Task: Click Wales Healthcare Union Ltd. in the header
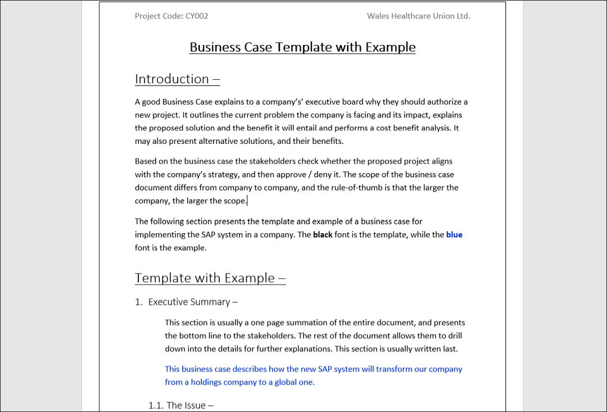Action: click(418, 16)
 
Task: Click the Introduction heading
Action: click(172, 79)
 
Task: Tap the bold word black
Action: click(323, 234)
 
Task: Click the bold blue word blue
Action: click(454, 234)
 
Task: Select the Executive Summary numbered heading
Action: click(189, 302)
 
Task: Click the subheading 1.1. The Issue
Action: click(181, 405)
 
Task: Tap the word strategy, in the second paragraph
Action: click(224, 175)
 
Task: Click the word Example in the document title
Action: click(390, 47)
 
